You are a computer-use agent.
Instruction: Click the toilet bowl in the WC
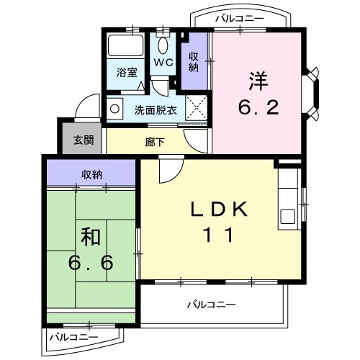tap(163, 44)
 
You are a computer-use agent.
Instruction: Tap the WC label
tap(163, 63)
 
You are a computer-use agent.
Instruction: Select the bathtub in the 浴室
tap(127, 49)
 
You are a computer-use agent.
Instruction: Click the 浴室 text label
tap(126, 72)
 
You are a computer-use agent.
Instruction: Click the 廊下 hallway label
tap(155, 142)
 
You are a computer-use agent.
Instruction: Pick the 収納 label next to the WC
tap(194, 62)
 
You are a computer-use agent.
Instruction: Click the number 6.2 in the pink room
tap(258, 108)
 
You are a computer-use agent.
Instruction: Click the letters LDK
tap(220, 210)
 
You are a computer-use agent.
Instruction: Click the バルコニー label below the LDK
tap(212, 305)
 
